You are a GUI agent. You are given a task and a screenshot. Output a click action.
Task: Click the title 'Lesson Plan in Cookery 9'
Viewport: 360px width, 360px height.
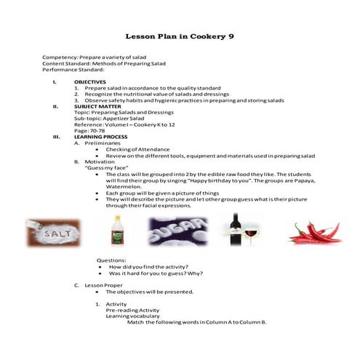pos(179,35)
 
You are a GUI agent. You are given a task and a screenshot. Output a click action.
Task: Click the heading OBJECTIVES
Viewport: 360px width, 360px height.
pos(90,82)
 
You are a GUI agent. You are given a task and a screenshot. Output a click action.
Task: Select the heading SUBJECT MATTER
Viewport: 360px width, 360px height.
pos(97,106)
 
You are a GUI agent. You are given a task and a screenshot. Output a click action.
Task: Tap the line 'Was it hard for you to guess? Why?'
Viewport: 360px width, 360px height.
pos(155,273)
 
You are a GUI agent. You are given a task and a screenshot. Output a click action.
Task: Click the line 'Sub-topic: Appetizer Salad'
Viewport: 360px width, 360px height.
pos(108,118)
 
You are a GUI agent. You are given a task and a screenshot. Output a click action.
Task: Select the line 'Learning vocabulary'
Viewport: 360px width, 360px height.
pos(130,316)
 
